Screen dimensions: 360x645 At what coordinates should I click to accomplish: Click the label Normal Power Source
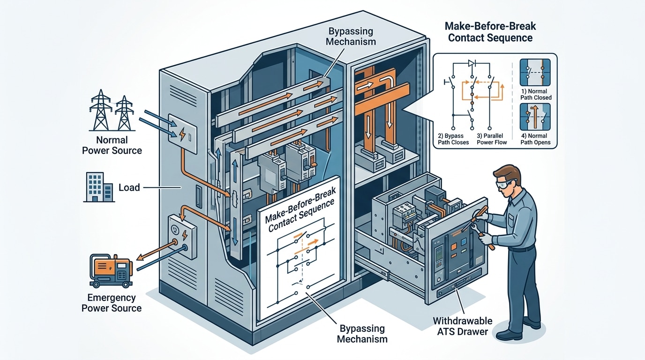(112, 145)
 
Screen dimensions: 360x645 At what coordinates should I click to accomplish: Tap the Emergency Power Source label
(112, 303)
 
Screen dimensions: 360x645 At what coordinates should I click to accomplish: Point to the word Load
(129, 187)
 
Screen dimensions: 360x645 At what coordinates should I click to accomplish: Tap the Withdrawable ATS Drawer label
(462, 326)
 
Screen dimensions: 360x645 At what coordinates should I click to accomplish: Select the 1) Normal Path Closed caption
(536, 94)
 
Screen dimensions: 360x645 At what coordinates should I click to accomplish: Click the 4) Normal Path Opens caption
(536, 139)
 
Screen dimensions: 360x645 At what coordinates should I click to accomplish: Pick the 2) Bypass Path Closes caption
(453, 139)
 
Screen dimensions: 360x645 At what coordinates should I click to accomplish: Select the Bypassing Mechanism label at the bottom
(362, 334)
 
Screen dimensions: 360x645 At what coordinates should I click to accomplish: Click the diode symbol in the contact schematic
(472, 63)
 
